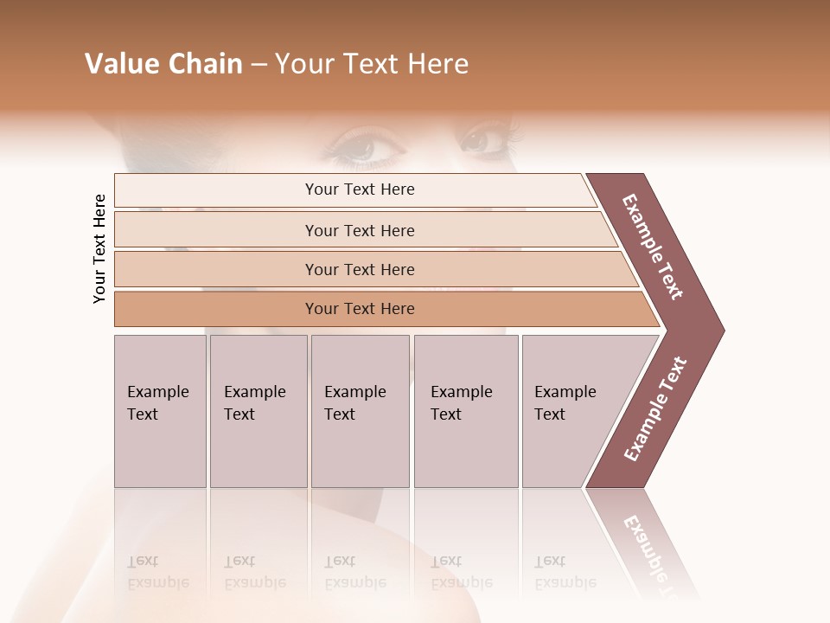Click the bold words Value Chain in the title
pos(163,64)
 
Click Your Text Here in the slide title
pos(372,64)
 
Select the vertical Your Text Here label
pos(99,248)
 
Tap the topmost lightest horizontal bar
pos(360,189)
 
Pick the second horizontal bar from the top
pos(360,230)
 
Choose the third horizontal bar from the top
pos(360,269)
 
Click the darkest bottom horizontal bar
pos(360,309)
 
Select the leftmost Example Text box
pos(160,411)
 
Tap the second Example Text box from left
pos(258,411)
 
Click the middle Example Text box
pos(360,411)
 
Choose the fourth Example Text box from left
pos(465,411)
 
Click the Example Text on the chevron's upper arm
pos(653,246)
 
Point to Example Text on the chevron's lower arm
pos(655,408)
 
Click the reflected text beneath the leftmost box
pos(157,572)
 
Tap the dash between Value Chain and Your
pos(259,65)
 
